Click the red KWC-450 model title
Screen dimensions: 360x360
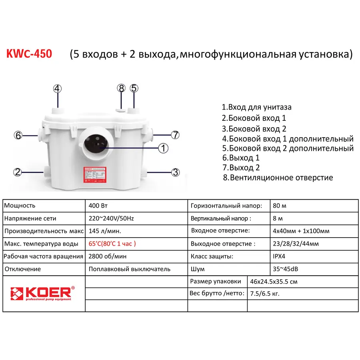29,54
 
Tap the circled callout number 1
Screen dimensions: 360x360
163,148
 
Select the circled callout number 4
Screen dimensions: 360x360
58,88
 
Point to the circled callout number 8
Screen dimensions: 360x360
122,88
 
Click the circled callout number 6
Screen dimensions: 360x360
18,135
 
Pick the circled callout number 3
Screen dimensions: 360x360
175,172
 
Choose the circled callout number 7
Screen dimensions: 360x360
175,135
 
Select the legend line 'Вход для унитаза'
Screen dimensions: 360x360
257,107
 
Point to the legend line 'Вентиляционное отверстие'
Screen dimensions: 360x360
278,178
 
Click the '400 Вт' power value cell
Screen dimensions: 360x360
98,206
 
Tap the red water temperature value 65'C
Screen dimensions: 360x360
113,244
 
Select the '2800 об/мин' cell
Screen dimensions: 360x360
105,256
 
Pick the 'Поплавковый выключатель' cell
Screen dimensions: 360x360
130,269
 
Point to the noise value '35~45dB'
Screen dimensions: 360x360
284,269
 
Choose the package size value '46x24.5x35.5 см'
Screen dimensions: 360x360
274,281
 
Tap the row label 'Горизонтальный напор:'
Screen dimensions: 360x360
226,206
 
